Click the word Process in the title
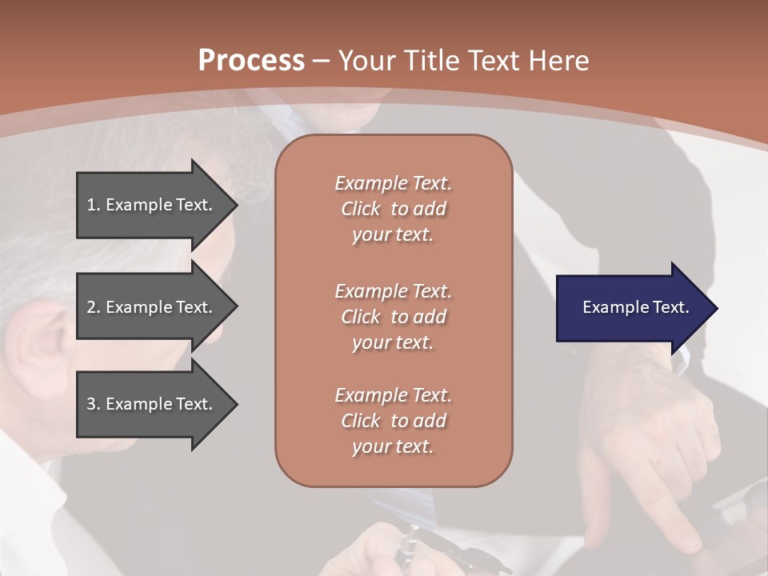click(x=251, y=61)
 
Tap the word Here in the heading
click(x=558, y=61)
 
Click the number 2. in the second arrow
click(x=93, y=307)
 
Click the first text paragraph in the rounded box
click(x=393, y=209)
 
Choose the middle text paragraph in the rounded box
click(x=393, y=317)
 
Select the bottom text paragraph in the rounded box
click(x=393, y=421)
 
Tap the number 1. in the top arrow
click(x=93, y=205)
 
